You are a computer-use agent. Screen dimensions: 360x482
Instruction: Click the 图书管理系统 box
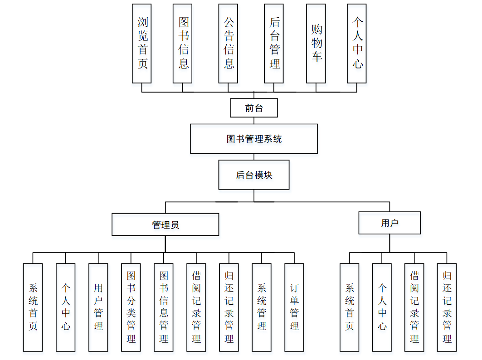[253, 139]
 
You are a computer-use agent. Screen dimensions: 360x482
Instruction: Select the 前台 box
[253, 108]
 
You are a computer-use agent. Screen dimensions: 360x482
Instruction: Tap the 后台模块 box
[253, 175]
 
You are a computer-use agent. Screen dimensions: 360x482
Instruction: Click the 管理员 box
[165, 224]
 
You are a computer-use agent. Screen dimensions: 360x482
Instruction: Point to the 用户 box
[389, 223]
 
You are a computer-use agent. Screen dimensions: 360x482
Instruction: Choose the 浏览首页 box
[142, 44]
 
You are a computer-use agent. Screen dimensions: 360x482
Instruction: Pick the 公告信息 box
[228, 44]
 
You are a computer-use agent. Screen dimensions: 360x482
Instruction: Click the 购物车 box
[316, 44]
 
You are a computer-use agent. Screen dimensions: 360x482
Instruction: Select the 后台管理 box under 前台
[274, 44]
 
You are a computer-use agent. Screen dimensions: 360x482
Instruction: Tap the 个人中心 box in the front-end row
[357, 44]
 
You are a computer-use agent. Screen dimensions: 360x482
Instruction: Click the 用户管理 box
[98, 307]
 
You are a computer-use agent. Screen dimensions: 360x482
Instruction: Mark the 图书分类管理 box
[131, 307]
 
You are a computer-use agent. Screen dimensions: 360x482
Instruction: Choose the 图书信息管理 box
[164, 307]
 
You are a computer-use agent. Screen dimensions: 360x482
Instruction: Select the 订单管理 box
[294, 307]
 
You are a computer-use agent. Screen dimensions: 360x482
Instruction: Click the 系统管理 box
[262, 307]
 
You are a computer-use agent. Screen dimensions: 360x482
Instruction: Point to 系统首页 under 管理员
[33, 307]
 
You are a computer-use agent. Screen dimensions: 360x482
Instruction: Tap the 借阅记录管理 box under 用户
[414, 307]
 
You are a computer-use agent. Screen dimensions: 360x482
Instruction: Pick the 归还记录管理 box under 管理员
[229, 307]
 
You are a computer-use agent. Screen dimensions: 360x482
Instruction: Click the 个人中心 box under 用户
[382, 307]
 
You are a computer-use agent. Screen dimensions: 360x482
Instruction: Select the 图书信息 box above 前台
[183, 44]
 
